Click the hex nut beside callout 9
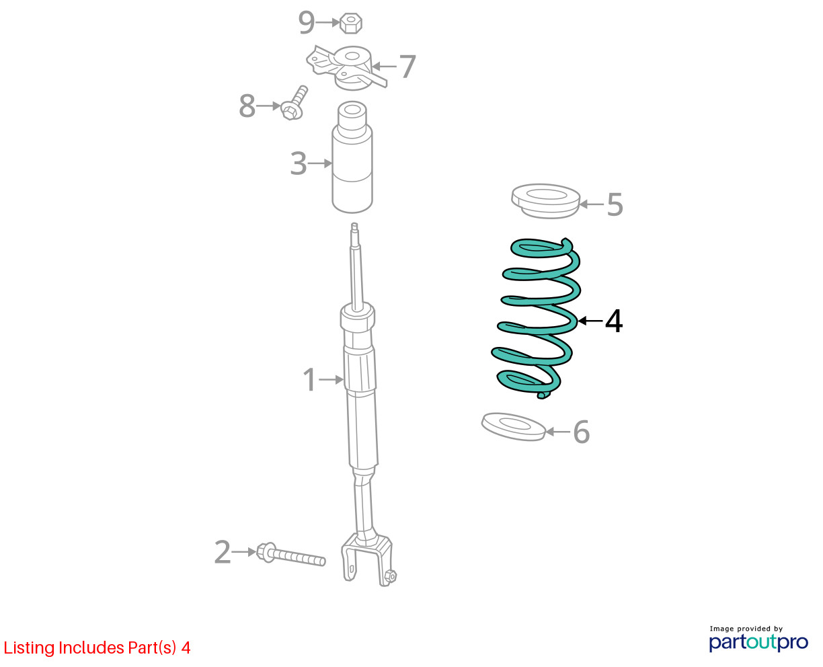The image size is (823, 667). pyautogui.click(x=350, y=23)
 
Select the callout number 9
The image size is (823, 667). pyautogui.click(x=307, y=23)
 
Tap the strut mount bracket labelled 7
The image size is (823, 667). pyautogui.click(x=346, y=68)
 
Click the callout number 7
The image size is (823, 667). pyautogui.click(x=407, y=67)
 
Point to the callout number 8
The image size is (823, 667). pyautogui.click(x=247, y=106)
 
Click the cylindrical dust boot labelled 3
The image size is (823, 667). pyautogui.click(x=352, y=157)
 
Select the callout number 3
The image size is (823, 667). pyautogui.click(x=299, y=163)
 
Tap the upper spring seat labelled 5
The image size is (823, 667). pyautogui.click(x=545, y=201)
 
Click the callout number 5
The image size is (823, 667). pyautogui.click(x=615, y=204)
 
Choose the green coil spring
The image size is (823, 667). pyautogui.click(x=535, y=318)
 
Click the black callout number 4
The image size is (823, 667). pyautogui.click(x=614, y=321)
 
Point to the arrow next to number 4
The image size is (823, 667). pyautogui.click(x=590, y=320)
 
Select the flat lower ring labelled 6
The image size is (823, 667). pyautogui.click(x=513, y=427)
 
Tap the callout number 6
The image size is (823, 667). pyautogui.click(x=582, y=432)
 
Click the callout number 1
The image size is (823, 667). pyautogui.click(x=309, y=380)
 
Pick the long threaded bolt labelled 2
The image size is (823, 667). pyautogui.click(x=290, y=555)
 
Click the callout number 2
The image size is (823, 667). pyautogui.click(x=223, y=552)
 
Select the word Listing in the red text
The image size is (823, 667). pyautogui.click(x=30, y=648)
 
